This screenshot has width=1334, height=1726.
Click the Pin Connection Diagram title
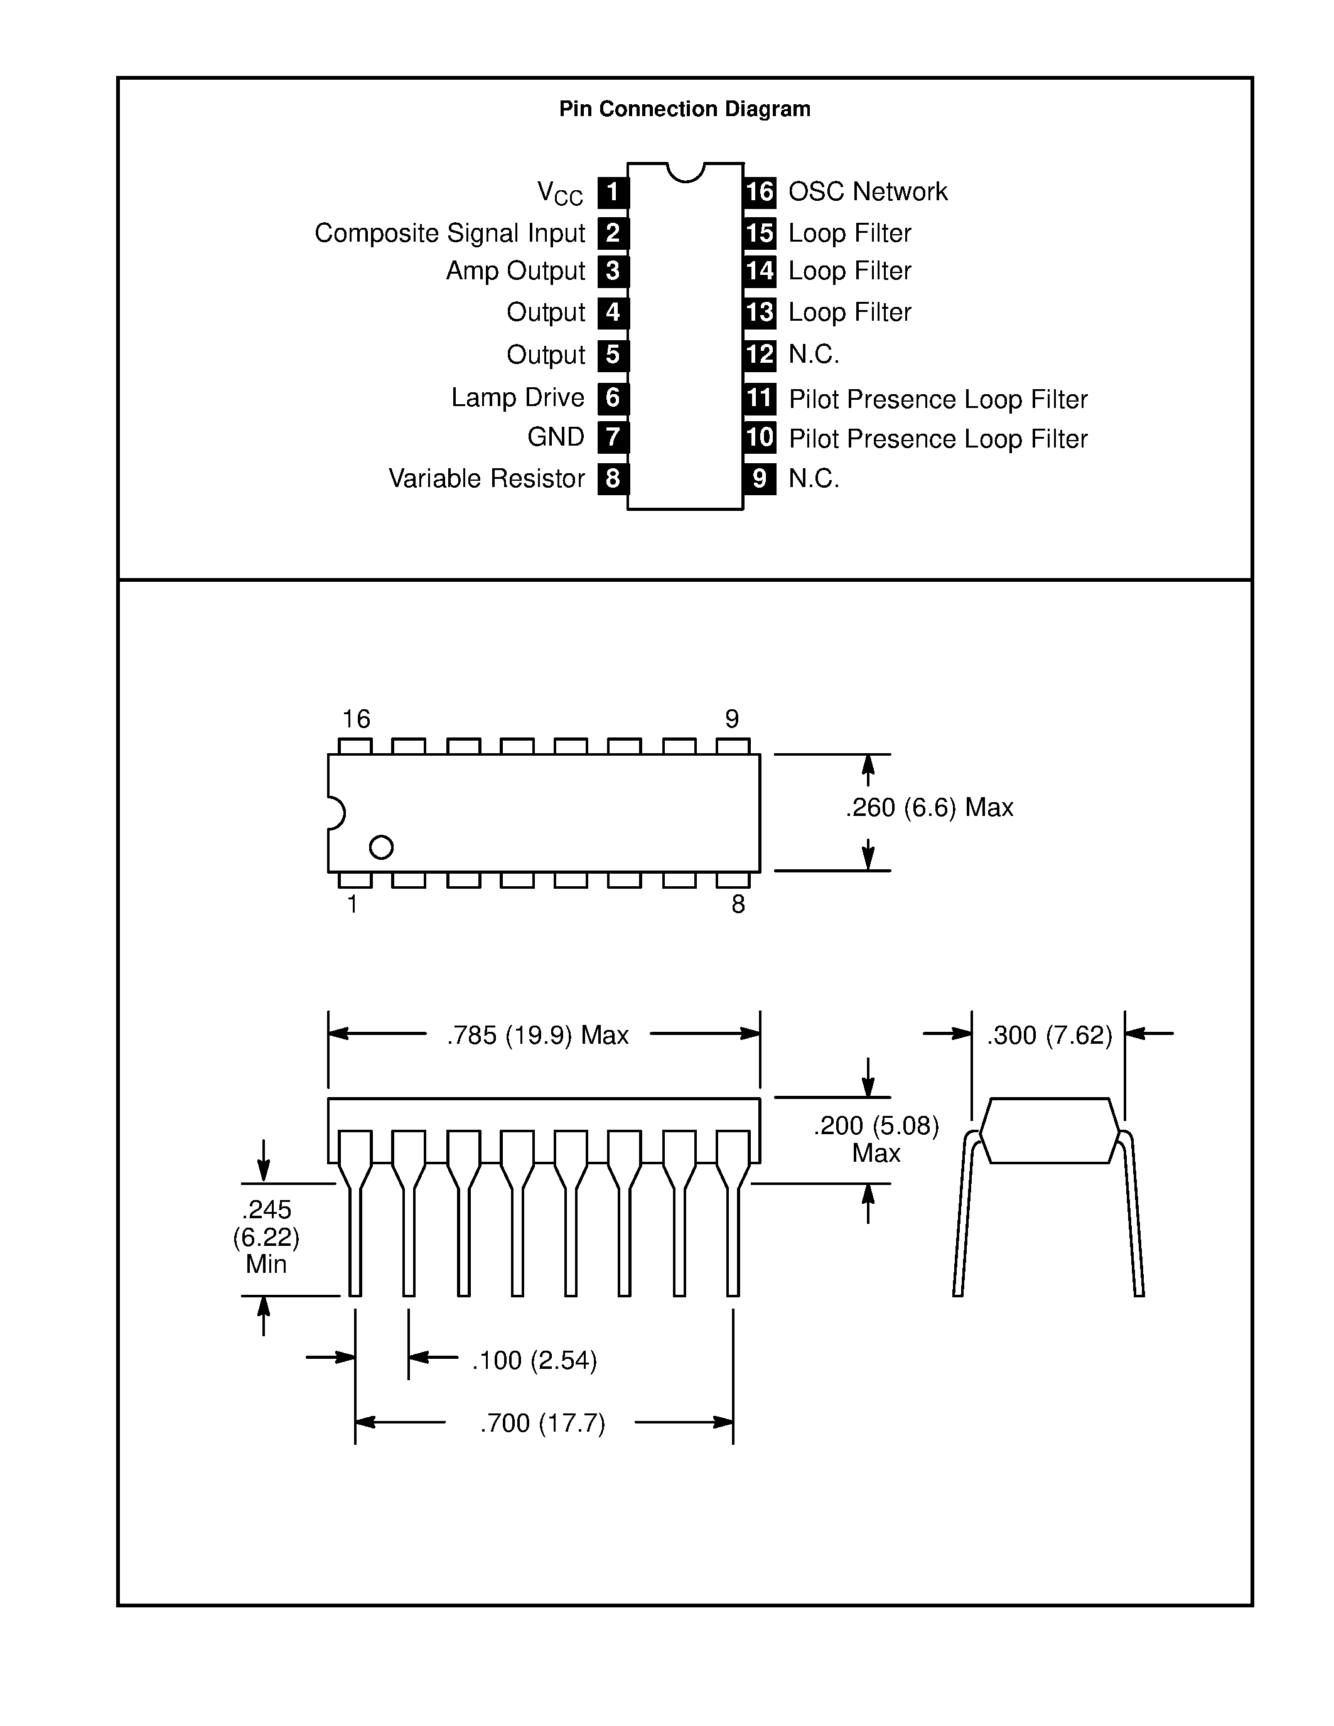click(684, 109)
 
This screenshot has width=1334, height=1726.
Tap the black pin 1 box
click(613, 192)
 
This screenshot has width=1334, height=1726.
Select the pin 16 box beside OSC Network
click(760, 192)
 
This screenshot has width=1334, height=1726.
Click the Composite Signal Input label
click(449, 233)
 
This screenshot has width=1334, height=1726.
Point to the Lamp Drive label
click(518, 397)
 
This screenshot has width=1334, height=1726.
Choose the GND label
click(556, 437)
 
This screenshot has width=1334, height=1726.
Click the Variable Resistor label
click(486, 478)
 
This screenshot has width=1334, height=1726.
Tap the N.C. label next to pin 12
click(813, 354)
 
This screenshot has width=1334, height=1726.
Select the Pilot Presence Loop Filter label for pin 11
click(937, 399)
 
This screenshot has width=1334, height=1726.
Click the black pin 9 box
click(760, 478)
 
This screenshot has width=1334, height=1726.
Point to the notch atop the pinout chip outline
click(685, 171)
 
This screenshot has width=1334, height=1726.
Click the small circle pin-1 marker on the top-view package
click(381, 847)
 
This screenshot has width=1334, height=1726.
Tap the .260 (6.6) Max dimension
click(929, 808)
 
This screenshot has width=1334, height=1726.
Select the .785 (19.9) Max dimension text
click(537, 1035)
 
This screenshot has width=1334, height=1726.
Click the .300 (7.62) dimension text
click(1049, 1035)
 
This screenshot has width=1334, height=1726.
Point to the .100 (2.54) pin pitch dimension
click(534, 1360)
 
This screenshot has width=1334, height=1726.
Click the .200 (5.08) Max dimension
click(876, 1139)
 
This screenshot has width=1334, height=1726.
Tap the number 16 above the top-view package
click(355, 719)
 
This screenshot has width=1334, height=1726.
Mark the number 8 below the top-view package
click(738, 904)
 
